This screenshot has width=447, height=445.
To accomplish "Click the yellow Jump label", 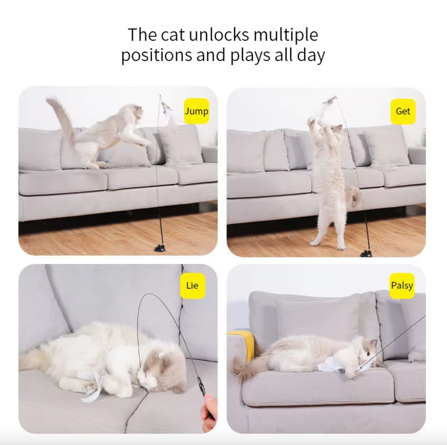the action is tap(197, 111).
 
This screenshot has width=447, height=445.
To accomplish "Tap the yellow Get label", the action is tap(403, 111).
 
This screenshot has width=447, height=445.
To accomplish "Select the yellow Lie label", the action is tap(193, 286).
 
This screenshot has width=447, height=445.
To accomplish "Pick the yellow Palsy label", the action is tap(402, 286).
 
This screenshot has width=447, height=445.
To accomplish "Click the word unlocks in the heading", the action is tap(219, 35).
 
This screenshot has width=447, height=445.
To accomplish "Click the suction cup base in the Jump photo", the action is tap(159, 248).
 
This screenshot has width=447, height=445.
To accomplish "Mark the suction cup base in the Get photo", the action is tap(366, 253).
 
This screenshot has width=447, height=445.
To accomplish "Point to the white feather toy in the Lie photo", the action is tap(93, 386).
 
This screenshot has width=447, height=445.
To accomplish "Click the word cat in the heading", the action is tap(173, 35).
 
